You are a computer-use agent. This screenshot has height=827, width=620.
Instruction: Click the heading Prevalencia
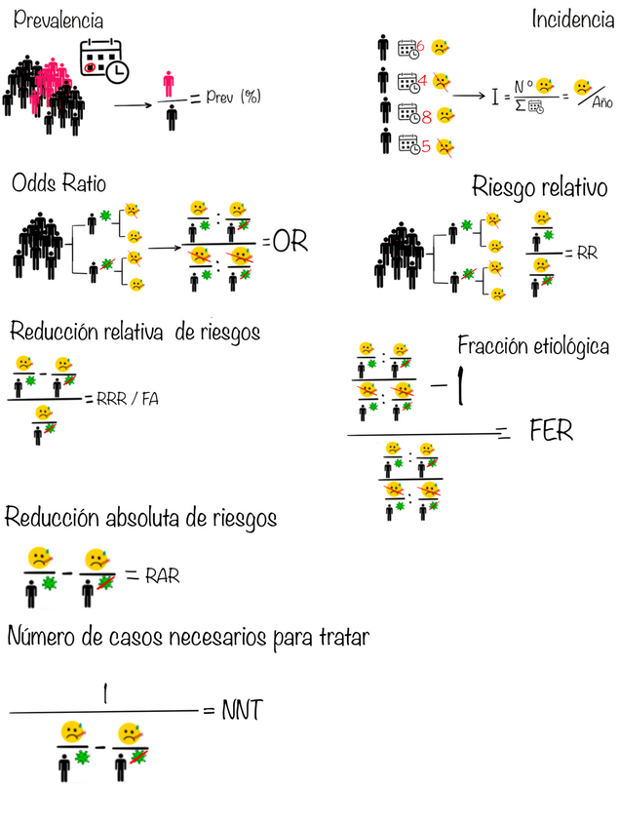click(58, 20)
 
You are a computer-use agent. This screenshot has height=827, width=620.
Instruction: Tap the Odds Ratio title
click(58, 183)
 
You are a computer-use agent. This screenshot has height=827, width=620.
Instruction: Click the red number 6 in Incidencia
click(420, 46)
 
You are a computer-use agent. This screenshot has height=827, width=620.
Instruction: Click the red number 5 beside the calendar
click(426, 148)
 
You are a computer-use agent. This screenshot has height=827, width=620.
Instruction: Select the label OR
click(290, 242)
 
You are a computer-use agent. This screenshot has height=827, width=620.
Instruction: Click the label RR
click(586, 253)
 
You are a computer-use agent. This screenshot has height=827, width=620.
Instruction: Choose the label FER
click(551, 430)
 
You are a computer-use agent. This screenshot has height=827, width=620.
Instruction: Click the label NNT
click(242, 711)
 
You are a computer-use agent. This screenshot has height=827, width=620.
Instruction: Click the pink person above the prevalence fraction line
click(171, 84)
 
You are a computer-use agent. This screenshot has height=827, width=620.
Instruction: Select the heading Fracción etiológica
click(534, 346)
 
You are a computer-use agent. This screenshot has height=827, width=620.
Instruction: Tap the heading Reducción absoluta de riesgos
click(140, 518)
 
